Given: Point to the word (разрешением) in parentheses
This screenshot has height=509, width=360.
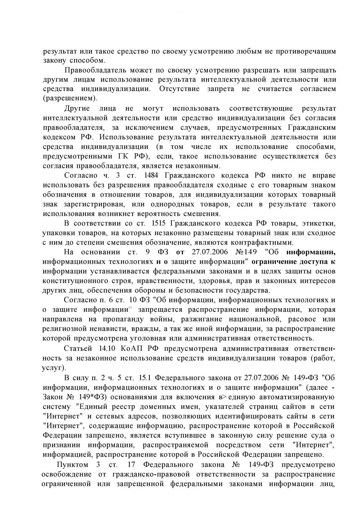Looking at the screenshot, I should tap(70, 98).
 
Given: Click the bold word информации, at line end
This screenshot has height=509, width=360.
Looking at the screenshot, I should tap(311, 252).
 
